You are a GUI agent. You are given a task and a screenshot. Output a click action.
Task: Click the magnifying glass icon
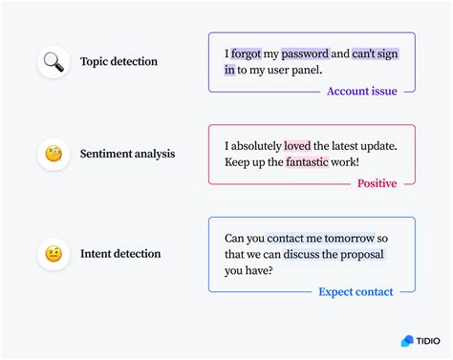pyautogui.click(x=54, y=62)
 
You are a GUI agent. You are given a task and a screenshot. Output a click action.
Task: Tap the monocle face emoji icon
pyautogui.click(x=54, y=154)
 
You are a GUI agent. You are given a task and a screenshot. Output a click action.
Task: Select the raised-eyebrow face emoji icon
pyautogui.click(x=54, y=254)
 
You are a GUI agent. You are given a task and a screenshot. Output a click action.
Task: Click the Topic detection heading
pyautogui.click(x=119, y=62)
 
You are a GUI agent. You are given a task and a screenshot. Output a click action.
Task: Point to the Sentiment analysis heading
pyautogui.click(x=127, y=154)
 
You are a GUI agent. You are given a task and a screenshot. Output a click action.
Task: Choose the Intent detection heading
pyautogui.click(x=120, y=254)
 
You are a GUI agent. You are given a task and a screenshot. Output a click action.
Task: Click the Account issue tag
pyautogui.click(x=361, y=92)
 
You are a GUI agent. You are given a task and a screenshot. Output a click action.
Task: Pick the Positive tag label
pyautogui.click(x=377, y=183)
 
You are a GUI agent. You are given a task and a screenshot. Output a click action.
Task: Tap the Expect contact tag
pyautogui.click(x=356, y=292)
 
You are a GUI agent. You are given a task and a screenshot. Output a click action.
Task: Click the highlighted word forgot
pyautogui.click(x=246, y=54)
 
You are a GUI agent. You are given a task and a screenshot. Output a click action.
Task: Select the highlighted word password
pyautogui.click(x=305, y=54)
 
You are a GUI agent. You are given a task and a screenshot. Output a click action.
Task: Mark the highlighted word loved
pyautogui.click(x=297, y=146)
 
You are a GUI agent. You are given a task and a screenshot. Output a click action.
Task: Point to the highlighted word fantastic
pyautogui.click(x=292, y=162)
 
